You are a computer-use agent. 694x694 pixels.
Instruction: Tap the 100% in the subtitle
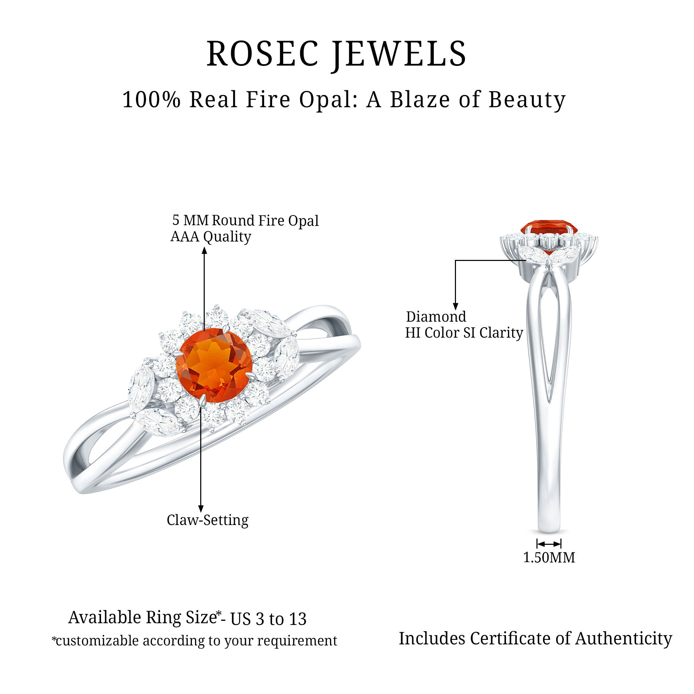click(x=151, y=100)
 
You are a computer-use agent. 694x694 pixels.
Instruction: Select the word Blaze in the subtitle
click(x=420, y=100)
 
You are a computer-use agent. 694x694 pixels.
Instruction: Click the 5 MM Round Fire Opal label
click(x=246, y=220)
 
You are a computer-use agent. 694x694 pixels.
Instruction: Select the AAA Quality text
click(x=211, y=237)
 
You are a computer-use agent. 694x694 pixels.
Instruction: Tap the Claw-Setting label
click(x=208, y=520)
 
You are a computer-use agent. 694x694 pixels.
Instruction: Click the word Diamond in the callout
click(x=436, y=317)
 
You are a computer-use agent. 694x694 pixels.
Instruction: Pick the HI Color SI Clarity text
click(x=464, y=333)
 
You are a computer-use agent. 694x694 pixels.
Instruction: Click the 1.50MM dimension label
click(x=549, y=558)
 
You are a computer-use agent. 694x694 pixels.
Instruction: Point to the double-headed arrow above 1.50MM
click(x=549, y=543)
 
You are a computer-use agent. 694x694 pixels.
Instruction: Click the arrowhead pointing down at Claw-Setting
click(x=201, y=509)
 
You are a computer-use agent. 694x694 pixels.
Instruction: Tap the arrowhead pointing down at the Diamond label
click(x=455, y=306)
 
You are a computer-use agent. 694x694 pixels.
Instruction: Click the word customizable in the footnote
click(x=97, y=641)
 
